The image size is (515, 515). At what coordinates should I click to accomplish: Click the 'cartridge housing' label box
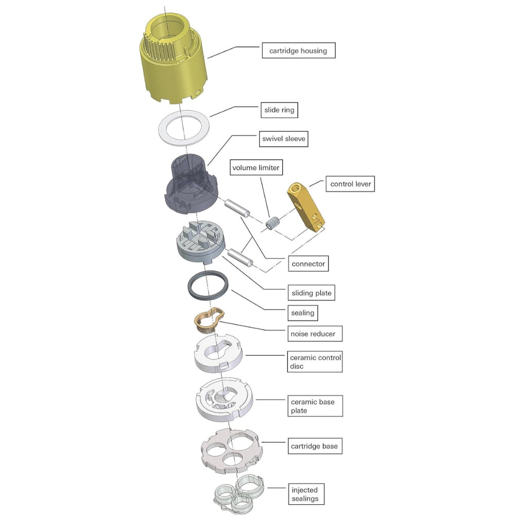pyautogui.click(x=299, y=50)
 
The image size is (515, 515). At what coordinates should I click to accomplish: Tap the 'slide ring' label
pyautogui.click(x=279, y=110)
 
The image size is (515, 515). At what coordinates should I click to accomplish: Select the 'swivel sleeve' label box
pyautogui.click(x=284, y=139)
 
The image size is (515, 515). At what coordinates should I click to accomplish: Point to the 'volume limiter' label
pyautogui.click(x=256, y=167)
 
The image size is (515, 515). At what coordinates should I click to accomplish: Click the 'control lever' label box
pyautogui.click(x=350, y=184)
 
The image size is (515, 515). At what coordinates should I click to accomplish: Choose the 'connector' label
pyautogui.click(x=308, y=264)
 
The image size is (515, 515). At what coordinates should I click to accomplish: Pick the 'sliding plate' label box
pyautogui.click(x=312, y=293)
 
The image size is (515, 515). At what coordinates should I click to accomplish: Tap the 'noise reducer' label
pyautogui.click(x=315, y=334)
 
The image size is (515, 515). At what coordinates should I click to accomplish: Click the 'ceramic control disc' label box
pyautogui.click(x=315, y=362)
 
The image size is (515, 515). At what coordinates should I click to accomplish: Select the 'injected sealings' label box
pyautogui.click(x=306, y=494)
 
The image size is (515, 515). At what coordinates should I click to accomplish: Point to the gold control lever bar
pyautogui.click(x=306, y=207)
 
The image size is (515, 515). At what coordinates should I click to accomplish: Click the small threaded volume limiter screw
pyautogui.click(x=272, y=224)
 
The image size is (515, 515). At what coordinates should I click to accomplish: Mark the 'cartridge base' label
pyautogui.click(x=315, y=446)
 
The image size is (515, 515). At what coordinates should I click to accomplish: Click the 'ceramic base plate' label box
pyautogui.click(x=315, y=406)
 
